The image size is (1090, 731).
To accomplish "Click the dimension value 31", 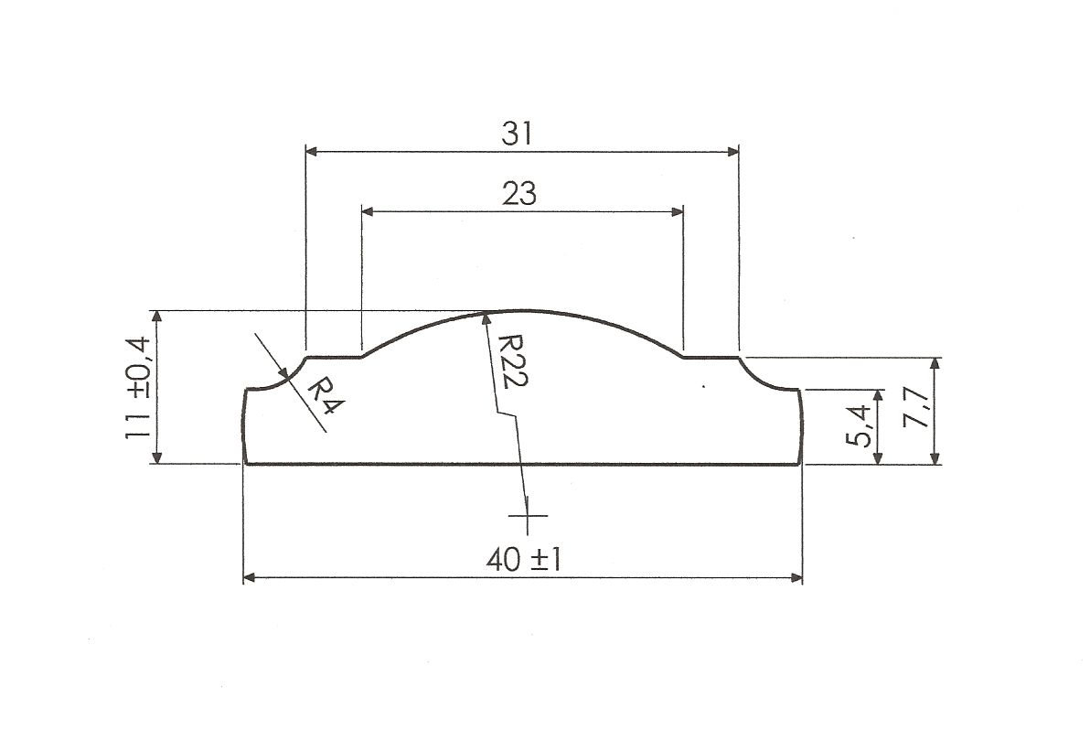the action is [518, 133].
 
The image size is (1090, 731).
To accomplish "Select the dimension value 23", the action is [519, 193].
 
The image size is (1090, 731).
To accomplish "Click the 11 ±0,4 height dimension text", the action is [138, 387].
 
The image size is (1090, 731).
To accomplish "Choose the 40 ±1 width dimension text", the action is [523, 559].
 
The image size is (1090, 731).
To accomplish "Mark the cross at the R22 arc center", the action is [528, 515].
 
